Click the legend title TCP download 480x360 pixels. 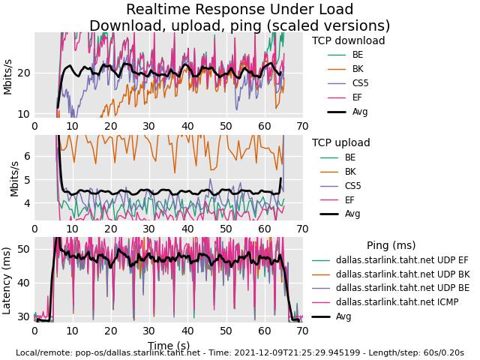(348, 41)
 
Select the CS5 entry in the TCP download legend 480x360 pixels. (360, 83)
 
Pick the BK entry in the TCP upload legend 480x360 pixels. (350, 172)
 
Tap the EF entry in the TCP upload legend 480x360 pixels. (350, 199)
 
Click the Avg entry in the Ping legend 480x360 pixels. (344, 316)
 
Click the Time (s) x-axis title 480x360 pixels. (168, 346)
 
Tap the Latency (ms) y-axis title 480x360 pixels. (7, 280)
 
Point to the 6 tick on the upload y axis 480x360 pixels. (26, 156)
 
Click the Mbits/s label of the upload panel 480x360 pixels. (14, 178)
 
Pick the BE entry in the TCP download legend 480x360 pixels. (357, 55)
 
